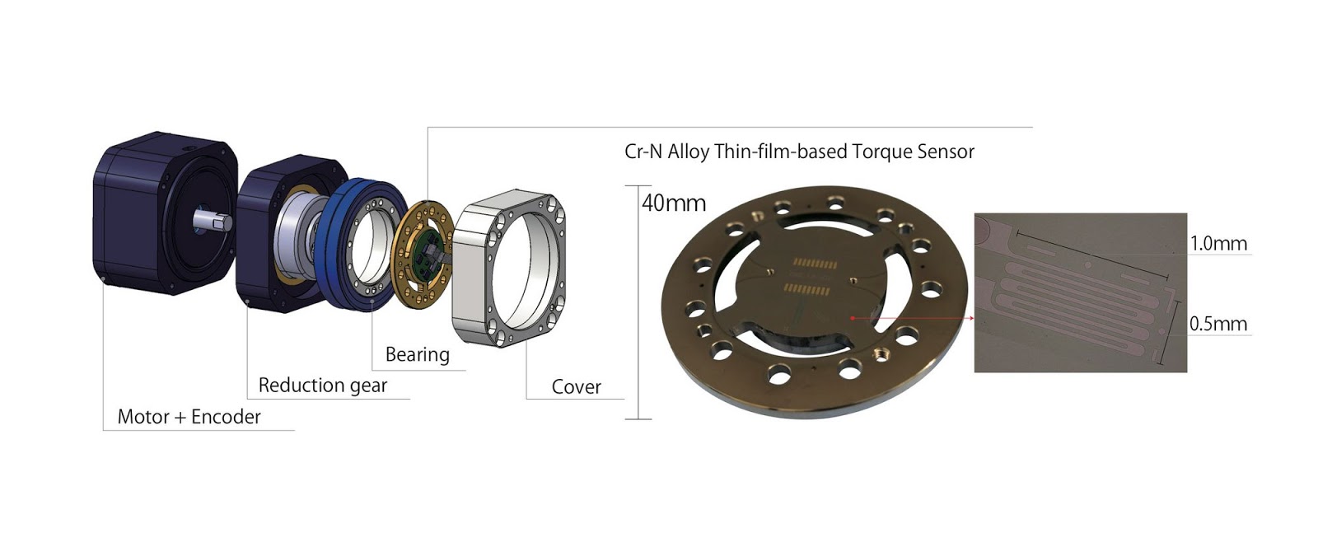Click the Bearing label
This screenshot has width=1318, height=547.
coord(417,355)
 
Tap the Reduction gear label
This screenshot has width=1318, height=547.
coord(323,386)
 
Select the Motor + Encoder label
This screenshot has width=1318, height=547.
coord(189,417)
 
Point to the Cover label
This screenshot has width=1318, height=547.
coord(576,387)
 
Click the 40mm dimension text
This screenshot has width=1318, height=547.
coord(674,203)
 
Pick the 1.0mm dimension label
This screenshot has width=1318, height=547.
coord(1218,244)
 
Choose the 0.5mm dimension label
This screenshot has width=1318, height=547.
coord(1218,324)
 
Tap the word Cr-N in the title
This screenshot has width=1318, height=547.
coord(643,152)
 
